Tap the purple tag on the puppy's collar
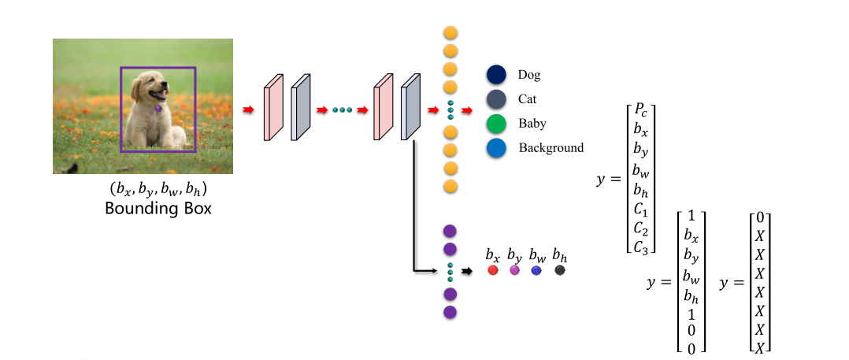[x=158, y=109]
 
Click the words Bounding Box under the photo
[x=158, y=210]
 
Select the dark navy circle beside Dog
[x=495, y=75]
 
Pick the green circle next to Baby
[x=495, y=124]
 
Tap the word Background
[x=551, y=147]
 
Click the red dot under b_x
[x=493, y=270]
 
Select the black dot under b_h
[x=560, y=270]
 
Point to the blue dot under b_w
[x=536, y=270]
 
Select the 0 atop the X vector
[x=759, y=217]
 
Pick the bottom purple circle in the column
[x=450, y=312]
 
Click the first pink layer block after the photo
[x=272, y=108]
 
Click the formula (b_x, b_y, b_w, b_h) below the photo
[x=158, y=191]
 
